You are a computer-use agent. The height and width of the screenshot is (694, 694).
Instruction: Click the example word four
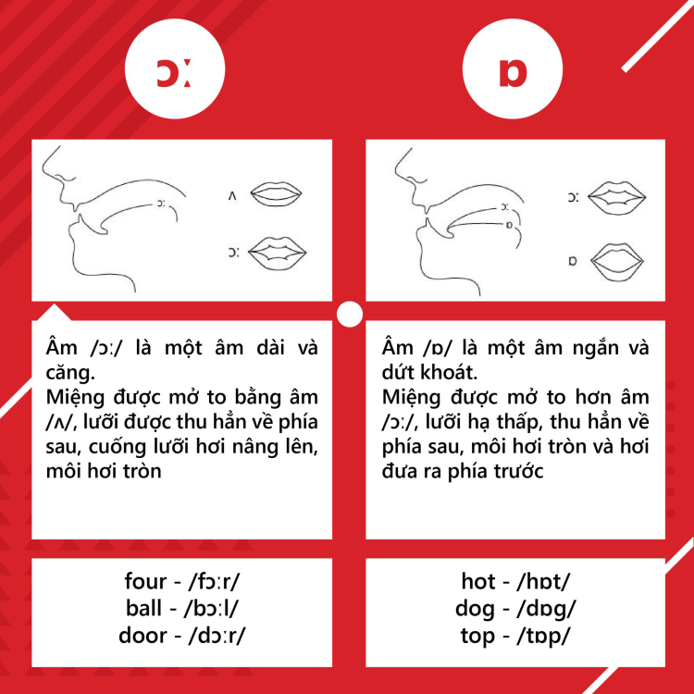tap(145, 583)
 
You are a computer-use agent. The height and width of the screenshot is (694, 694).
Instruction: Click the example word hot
tap(478, 583)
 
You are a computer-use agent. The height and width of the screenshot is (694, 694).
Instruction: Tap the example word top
tap(478, 636)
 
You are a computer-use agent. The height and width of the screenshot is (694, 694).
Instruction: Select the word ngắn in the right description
tap(582, 350)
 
